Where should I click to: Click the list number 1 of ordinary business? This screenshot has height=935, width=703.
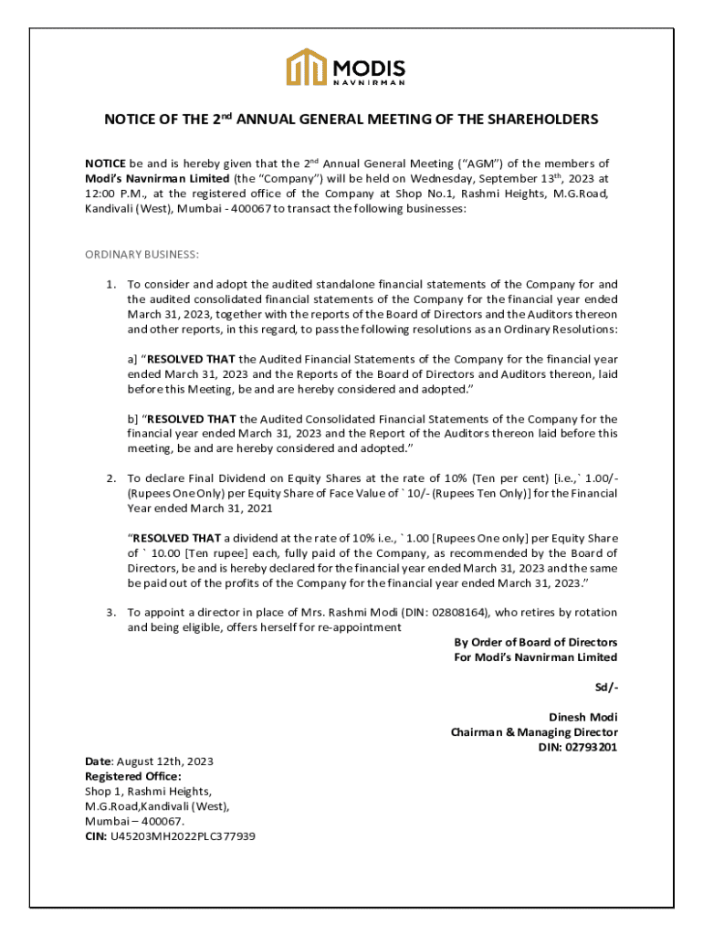pos(110,284)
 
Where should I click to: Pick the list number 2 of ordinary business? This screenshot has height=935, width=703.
pos(110,478)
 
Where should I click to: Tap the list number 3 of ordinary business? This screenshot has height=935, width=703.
pos(110,613)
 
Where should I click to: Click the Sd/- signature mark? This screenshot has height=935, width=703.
pos(606,687)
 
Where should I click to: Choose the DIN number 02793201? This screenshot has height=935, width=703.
pos(590,747)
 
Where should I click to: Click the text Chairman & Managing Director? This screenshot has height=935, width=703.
pos(534,732)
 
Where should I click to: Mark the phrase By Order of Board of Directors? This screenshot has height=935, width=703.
pos(535,642)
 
